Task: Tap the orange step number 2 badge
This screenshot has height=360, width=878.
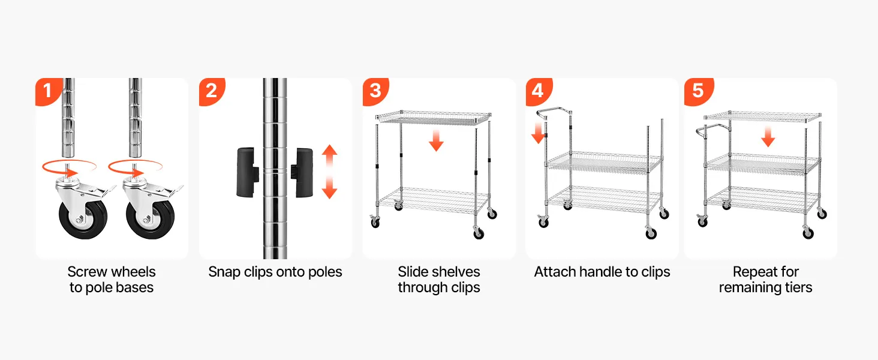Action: tap(212, 91)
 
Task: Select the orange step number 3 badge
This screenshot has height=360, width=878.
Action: tap(375, 91)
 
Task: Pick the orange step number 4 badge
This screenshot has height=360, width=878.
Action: tap(539, 91)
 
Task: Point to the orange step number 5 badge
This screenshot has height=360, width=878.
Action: tap(699, 91)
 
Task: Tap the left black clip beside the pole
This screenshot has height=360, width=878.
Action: tap(247, 172)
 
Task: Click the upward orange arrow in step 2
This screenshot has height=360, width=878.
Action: tap(330, 157)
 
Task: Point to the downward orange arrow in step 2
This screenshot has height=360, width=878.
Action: tap(330, 187)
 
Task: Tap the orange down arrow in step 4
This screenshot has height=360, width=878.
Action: tap(539, 133)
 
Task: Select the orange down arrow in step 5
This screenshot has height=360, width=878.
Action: tap(768, 137)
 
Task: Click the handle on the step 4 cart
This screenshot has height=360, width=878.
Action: tap(554, 113)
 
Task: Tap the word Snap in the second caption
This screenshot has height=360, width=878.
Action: tap(224, 272)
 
